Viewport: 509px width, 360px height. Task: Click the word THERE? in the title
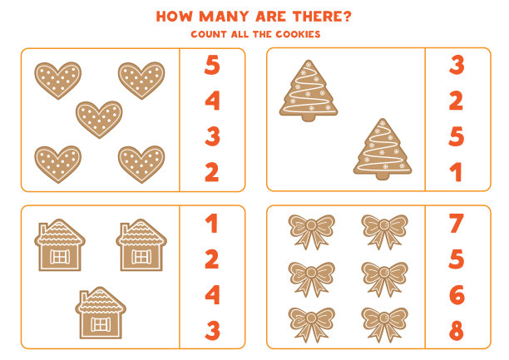322,17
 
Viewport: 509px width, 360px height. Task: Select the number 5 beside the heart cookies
212,65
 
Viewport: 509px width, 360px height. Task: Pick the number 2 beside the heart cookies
212,172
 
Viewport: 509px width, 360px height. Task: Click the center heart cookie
99,119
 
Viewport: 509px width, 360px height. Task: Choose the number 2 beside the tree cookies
456,101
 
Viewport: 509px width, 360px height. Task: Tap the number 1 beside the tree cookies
457,172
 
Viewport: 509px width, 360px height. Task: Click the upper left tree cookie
309,91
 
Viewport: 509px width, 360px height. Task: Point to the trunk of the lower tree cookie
383,176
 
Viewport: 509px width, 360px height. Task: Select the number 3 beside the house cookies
213,330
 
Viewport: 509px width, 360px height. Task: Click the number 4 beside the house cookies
213,295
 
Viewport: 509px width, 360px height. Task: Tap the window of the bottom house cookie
101,324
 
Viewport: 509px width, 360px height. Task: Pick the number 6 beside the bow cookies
457,295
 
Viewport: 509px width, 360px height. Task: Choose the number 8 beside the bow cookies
457,330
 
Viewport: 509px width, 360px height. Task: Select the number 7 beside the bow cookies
456,224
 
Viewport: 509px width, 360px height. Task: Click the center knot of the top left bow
311,224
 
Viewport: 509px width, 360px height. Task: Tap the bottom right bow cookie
385,324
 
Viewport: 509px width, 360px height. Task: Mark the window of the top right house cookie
141,257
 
